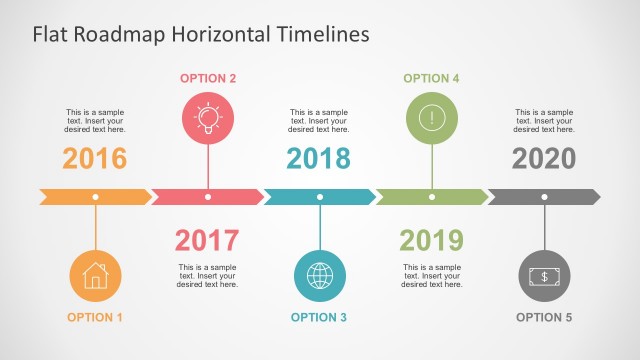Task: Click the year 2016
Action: tap(95, 158)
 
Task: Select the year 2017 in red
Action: tap(207, 240)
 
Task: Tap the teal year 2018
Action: tap(319, 158)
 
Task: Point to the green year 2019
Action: tap(431, 240)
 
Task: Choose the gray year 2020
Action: tap(544, 158)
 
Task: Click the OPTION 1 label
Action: tap(95, 317)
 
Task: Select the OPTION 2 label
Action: tap(208, 78)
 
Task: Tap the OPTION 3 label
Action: tap(319, 317)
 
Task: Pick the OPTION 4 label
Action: tap(431, 78)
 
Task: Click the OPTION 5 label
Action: tap(544, 317)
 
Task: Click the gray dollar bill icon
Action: tap(544, 275)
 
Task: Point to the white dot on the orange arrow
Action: tap(95, 197)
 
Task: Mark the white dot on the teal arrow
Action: tap(320, 197)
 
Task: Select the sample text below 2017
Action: tap(208, 276)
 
